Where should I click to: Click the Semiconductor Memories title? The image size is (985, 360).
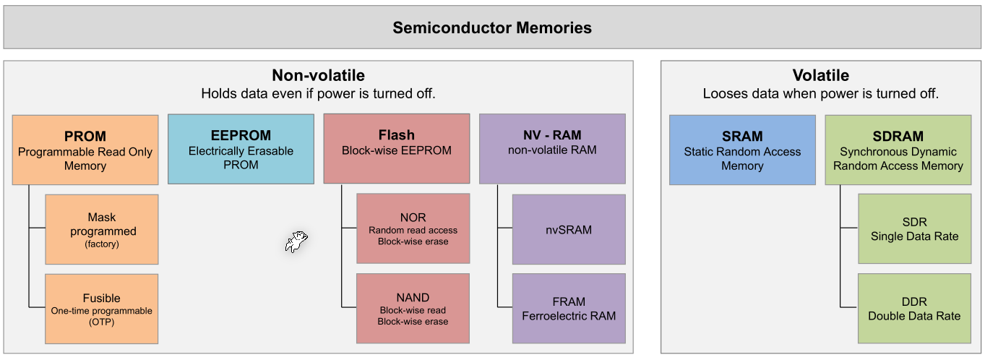[492, 28]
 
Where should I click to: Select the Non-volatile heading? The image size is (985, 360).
[318, 75]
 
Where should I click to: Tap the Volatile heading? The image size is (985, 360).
[820, 75]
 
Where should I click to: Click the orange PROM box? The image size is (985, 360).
[85, 150]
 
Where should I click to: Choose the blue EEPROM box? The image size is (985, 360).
[241, 149]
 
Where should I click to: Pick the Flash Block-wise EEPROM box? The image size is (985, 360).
[397, 149]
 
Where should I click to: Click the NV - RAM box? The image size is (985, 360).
[552, 149]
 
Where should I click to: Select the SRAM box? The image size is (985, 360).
[742, 150]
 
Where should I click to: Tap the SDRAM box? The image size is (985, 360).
[898, 150]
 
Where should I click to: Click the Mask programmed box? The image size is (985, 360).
[102, 229]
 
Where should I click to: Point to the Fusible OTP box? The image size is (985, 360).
[102, 309]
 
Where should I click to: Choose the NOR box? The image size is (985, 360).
[413, 228]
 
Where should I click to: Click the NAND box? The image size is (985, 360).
[413, 308]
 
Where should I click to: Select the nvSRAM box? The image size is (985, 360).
[569, 229]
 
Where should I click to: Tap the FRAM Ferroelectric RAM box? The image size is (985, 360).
[569, 308]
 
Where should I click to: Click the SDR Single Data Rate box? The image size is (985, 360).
[914, 228]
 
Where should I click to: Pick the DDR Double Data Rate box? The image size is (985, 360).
[914, 308]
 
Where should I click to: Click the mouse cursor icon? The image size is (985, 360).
[296, 242]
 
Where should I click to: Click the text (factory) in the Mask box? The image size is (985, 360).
[102, 244]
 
